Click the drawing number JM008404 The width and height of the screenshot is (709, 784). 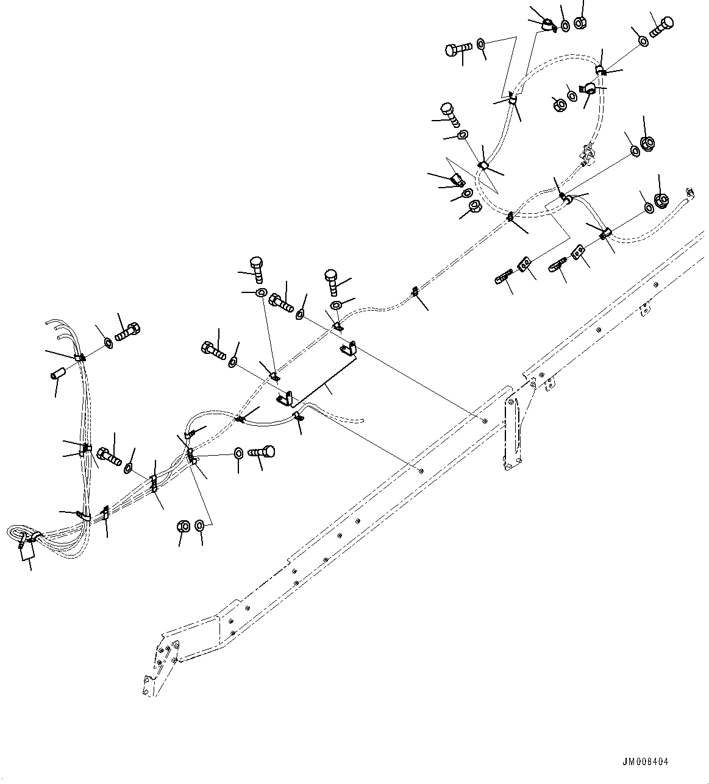645,761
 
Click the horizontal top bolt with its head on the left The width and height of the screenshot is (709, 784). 458,49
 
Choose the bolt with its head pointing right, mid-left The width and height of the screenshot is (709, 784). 262,453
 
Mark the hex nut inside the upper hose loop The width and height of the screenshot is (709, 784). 558,104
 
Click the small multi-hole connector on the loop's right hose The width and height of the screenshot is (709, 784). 586,153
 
